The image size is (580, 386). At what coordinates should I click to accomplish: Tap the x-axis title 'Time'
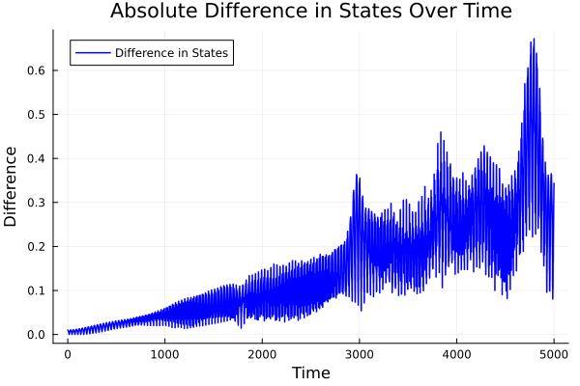310,372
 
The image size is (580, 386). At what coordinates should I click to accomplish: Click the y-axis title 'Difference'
12,186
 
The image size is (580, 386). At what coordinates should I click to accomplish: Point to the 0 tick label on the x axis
68,354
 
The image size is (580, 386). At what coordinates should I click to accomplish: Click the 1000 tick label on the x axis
164,354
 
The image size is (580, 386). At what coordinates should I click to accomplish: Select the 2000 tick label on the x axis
262,354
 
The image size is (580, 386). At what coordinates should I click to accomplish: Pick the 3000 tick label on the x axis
359,354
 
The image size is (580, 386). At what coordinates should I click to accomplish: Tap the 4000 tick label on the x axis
456,354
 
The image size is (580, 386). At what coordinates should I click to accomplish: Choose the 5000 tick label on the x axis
553,354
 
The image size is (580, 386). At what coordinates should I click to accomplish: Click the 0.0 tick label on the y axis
35,335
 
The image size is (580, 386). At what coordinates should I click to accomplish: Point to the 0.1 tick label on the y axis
35,290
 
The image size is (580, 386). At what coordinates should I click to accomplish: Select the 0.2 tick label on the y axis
35,246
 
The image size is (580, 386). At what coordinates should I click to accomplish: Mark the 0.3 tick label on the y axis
35,203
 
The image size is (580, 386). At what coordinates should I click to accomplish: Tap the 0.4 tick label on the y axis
35,158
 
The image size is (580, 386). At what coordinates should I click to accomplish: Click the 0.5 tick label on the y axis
35,114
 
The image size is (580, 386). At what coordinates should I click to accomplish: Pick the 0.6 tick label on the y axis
35,70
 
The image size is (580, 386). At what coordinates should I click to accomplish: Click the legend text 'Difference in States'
171,53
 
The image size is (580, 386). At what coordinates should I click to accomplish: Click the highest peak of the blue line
534,40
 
